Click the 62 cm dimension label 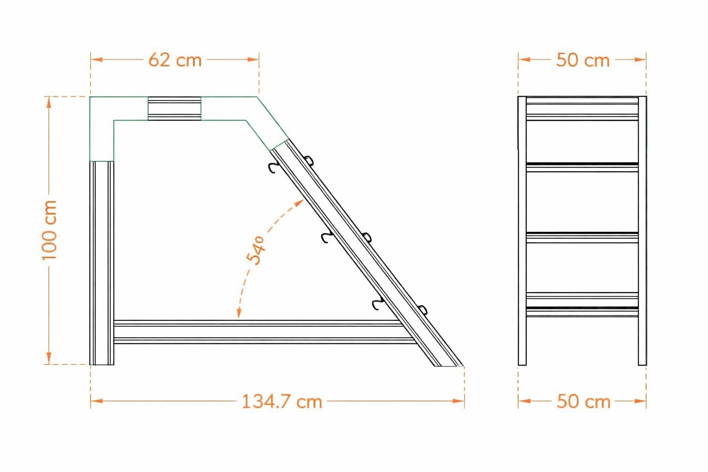coord(175,60)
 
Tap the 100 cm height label coord(49,230)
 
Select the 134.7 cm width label coord(282,401)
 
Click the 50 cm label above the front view coord(583,60)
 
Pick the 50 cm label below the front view coord(583,401)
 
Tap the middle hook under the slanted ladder coord(327,237)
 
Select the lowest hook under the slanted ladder coord(378,304)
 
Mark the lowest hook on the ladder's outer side coord(422,310)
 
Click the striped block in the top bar coord(174,108)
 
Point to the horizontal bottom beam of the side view coord(263,332)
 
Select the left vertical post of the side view coord(102,263)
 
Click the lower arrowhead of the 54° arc coord(239,313)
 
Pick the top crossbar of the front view coord(582,108)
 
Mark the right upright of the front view coord(642,230)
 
